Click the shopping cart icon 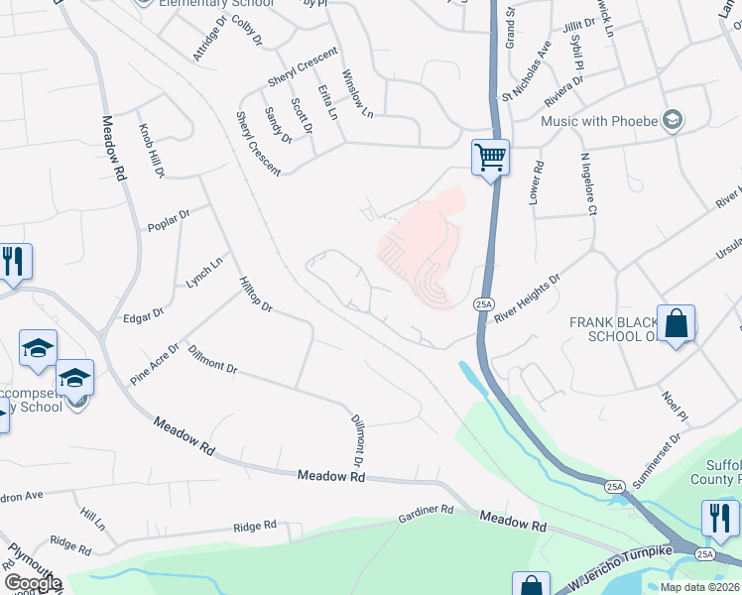pyautogui.click(x=490, y=158)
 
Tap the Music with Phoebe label pyautogui.click(x=599, y=121)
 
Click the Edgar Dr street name pyautogui.click(x=143, y=316)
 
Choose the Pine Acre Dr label pyautogui.click(x=154, y=364)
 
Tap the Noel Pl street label pyautogui.click(x=675, y=404)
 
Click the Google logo pyautogui.click(x=33, y=583)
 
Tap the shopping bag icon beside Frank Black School pyautogui.click(x=676, y=325)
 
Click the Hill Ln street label pyautogui.click(x=93, y=521)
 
